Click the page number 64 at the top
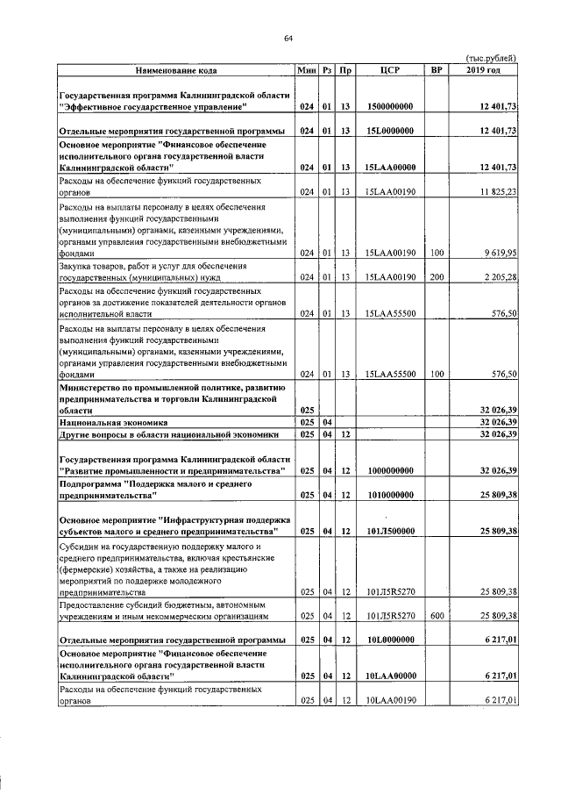pos(288,37)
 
